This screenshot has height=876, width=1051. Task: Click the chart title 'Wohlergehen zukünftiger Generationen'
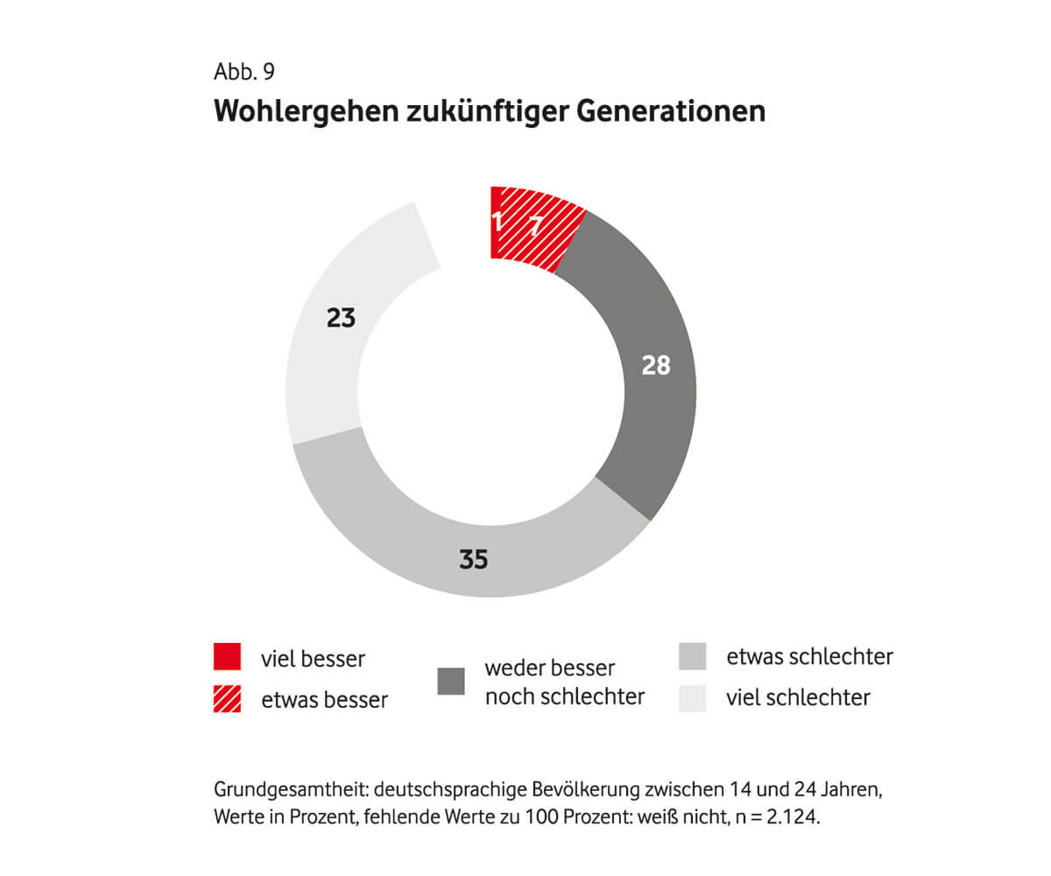[x=490, y=111]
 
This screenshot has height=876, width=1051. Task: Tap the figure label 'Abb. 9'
[x=243, y=71]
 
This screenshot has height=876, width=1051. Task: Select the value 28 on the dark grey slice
[x=654, y=364]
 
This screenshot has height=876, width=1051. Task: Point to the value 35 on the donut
[x=473, y=558]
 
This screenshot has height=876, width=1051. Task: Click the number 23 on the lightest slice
[x=341, y=318]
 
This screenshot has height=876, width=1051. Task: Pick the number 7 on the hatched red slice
[x=535, y=227]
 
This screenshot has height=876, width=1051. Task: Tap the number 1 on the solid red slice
[x=499, y=223]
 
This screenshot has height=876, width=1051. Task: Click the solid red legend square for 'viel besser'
[x=227, y=657]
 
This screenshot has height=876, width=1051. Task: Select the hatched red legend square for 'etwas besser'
[x=227, y=699]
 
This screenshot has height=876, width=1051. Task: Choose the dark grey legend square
[x=451, y=682]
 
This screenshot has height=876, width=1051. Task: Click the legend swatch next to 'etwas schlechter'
[x=693, y=657]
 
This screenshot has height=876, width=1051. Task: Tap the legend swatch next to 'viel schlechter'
[x=693, y=698]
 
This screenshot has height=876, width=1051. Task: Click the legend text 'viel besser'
[x=313, y=659]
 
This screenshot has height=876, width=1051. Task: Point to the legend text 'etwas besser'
[x=324, y=700]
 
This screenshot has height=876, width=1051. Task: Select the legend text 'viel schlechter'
[x=798, y=698]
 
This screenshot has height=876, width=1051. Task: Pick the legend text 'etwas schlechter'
[x=809, y=657]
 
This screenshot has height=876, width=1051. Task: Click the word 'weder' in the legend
[x=515, y=669]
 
